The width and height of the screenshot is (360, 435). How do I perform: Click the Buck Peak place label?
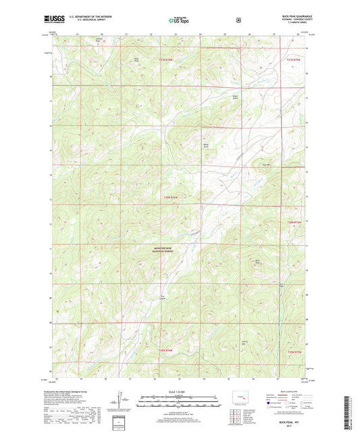click(257, 261)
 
